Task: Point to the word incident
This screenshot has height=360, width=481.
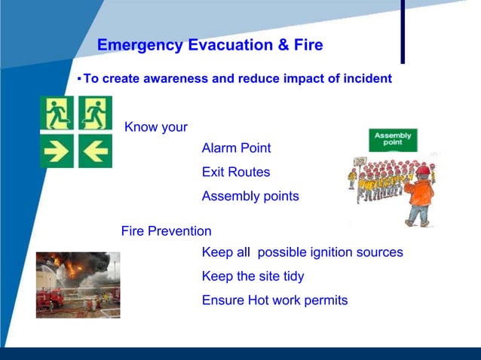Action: click(365, 78)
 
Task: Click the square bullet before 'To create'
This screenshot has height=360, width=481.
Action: click(78, 78)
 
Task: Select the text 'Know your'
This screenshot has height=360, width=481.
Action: click(155, 127)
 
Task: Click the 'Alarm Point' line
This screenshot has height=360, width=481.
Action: click(236, 148)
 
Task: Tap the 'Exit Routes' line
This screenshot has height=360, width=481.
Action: click(235, 172)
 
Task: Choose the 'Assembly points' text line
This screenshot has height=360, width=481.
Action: click(250, 197)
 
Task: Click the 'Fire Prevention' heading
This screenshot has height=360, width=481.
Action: click(166, 231)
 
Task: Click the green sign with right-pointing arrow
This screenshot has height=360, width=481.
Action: click(57, 152)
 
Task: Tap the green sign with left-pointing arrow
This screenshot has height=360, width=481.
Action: click(95, 152)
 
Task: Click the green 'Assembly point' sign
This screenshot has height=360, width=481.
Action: click(392, 139)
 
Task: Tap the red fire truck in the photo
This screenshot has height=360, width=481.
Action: click(51, 298)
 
